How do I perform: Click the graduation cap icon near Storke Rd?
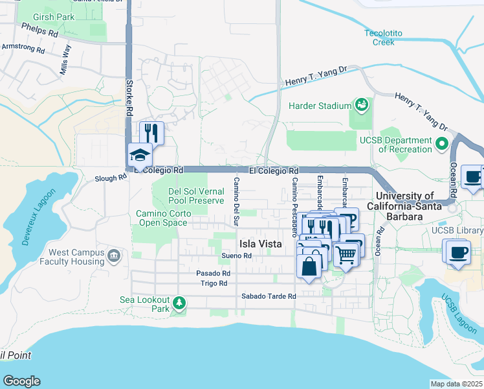click(140, 155)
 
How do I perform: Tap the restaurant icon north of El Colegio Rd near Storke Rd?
click(151, 133)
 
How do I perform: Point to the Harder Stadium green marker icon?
click(361, 104)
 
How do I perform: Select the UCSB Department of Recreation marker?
click(443, 142)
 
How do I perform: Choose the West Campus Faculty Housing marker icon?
click(114, 256)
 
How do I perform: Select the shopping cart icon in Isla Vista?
click(347, 257)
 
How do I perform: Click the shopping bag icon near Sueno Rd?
click(309, 265)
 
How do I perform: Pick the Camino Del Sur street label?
click(236, 202)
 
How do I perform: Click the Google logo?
click(22, 381)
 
